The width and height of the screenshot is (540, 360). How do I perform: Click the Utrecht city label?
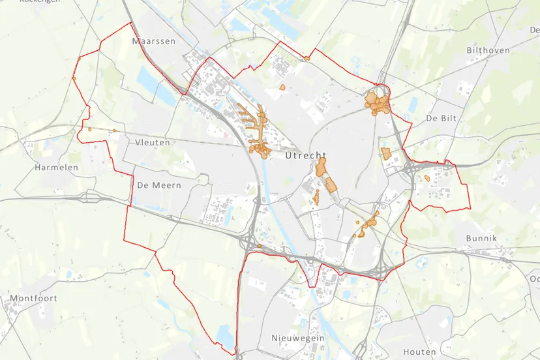(305, 157)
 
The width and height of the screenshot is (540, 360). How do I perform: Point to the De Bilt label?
(440, 119)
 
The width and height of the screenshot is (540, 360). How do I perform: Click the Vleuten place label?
(152, 142)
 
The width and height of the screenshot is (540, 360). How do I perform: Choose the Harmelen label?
(56, 168)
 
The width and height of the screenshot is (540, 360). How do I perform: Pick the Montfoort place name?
(33, 298)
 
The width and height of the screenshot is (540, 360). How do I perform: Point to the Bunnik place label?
(481, 239)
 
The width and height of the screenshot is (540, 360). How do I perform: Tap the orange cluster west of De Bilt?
(378, 103)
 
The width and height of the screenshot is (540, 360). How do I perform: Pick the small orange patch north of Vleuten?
(115, 130)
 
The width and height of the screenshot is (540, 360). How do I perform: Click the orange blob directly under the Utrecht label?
(321, 169)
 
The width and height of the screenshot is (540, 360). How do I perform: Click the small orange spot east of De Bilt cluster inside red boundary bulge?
(427, 177)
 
